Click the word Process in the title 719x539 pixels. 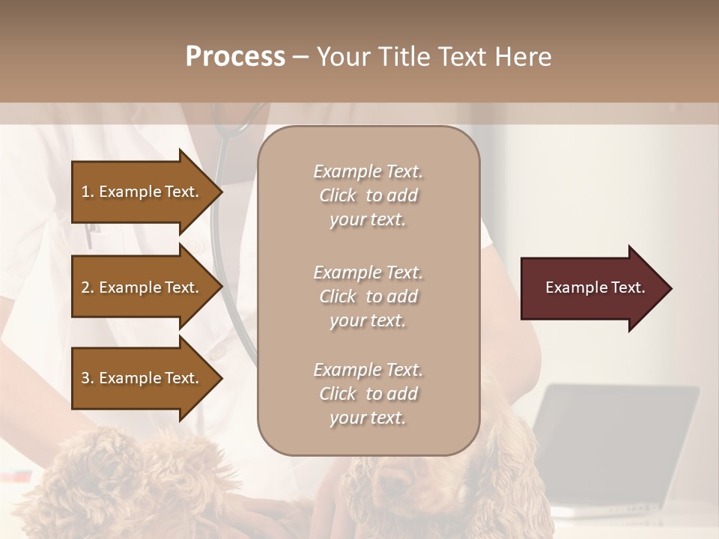(235, 57)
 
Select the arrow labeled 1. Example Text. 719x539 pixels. (142, 192)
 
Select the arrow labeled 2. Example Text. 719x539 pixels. (142, 287)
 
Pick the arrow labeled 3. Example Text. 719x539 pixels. (142, 378)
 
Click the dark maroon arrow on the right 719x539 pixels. (592, 288)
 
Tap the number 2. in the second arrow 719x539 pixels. (87, 287)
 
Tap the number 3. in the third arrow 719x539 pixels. (87, 378)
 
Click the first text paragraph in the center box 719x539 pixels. (368, 195)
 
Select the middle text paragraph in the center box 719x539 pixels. (368, 296)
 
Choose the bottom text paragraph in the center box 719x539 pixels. (368, 394)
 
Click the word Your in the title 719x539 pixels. (342, 57)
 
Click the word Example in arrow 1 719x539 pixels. (129, 192)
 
